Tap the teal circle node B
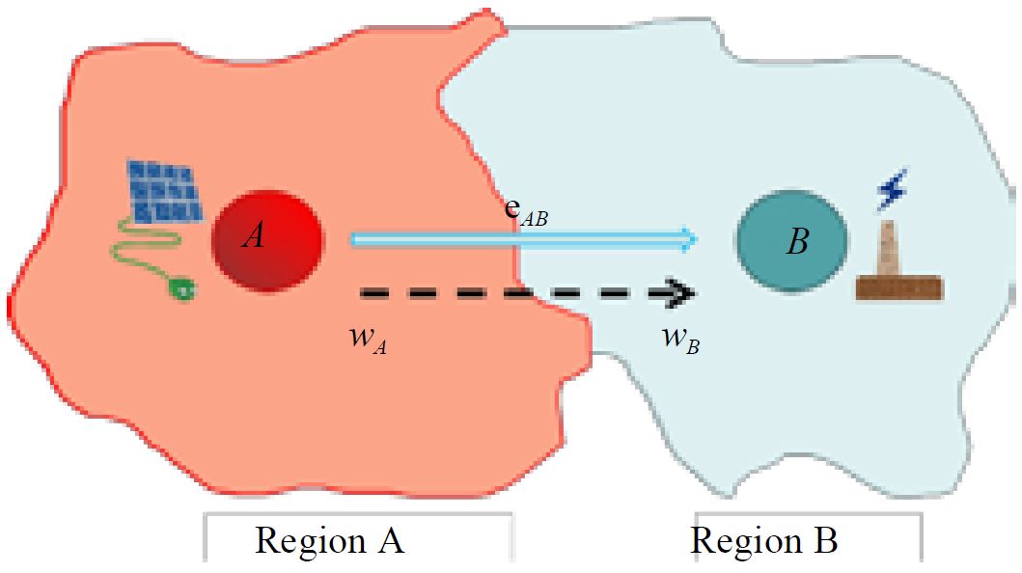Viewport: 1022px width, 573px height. (791, 241)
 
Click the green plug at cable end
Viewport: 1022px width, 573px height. (181, 286)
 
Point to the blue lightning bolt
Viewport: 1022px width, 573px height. (891, 191)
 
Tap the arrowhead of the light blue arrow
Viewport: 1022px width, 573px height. (689, 239)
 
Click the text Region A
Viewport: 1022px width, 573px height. (329, 541)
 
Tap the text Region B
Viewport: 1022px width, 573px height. (763, 541)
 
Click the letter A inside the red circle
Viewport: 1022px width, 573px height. (254, 236)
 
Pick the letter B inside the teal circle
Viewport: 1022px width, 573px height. (797, 242)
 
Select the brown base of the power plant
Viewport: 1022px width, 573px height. (899, 287)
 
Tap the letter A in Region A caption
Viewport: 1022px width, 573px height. (388, 541)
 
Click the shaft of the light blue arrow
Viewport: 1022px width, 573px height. (511, 239)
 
